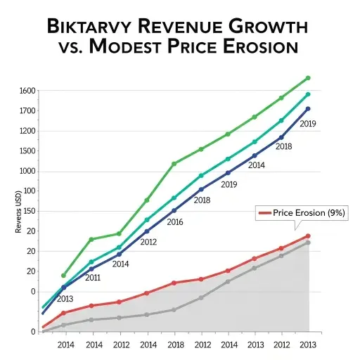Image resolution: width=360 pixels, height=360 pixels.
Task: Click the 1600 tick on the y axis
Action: pos(27,91)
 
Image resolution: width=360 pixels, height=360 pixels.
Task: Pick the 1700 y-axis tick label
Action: pos(27,111)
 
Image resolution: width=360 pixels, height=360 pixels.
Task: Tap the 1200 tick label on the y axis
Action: pos(27,131)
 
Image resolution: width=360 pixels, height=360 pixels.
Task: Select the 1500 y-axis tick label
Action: pos(27,151)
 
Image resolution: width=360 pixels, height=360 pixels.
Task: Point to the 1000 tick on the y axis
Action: pos(27,171)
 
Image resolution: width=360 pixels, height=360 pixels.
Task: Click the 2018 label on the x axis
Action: pos(176,345)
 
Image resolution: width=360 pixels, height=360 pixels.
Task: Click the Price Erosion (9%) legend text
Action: pos(309,213)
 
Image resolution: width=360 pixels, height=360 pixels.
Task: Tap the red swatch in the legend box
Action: pos(265,213)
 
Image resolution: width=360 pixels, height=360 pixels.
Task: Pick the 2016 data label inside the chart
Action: pos(175,222)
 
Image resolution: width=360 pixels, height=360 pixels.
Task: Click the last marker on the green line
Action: pos(308,78)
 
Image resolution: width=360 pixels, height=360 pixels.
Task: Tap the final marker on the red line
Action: pos(308,236)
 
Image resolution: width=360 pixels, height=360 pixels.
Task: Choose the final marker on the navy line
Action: pos(308,109)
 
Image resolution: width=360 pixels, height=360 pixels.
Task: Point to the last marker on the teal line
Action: pos(308,94)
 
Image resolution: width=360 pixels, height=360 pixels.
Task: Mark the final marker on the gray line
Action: pos(308,243)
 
